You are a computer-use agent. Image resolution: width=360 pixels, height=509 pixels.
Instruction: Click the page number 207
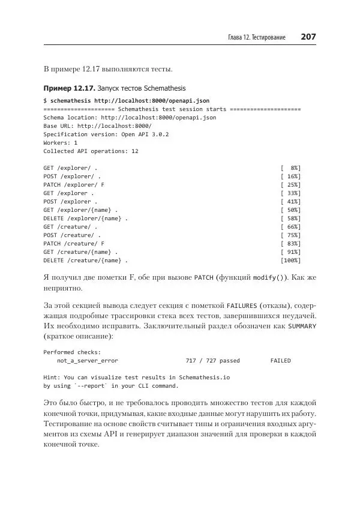coord(308,37)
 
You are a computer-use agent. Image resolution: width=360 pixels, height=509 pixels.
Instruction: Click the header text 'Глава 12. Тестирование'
coord(261,38)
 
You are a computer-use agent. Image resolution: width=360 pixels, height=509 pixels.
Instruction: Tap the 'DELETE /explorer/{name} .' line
coord(85,219)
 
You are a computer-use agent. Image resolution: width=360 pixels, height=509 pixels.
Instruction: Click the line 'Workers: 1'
coord(60,143)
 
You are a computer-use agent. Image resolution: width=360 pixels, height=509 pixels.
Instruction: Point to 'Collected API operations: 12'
coord(91,152)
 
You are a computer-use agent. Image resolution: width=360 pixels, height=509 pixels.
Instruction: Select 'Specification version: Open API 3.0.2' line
coord(106,135)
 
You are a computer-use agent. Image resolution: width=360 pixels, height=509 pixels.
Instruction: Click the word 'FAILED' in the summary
coord(280,361)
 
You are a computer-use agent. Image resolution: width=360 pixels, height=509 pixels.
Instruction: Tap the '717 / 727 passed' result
coord(212,361)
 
